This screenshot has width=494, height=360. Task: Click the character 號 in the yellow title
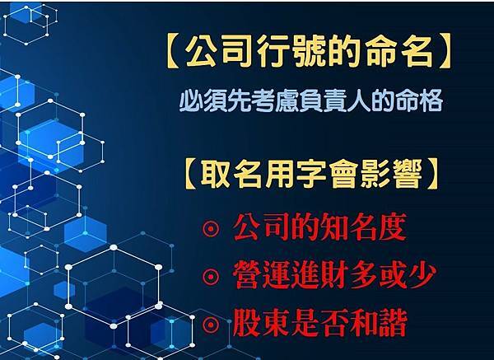(x=310, y=53)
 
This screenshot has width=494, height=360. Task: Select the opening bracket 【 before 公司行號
(x=172, y=53)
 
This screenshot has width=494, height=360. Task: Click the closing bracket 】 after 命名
(x=445, y=53)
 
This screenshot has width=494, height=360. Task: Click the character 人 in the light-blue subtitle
(x=358, y=101)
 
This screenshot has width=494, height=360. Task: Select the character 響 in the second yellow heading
(x=408, y=175)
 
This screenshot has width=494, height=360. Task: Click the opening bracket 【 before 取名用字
(x=190, y=175)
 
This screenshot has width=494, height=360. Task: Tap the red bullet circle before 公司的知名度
(x=211, y=228)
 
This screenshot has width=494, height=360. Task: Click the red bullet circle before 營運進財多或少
(x=211, y=277)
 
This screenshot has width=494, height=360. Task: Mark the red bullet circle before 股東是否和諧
(x=211, y=324)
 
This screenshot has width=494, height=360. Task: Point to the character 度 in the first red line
(x=392, y=227)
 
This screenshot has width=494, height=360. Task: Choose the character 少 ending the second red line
(x=422, y=275)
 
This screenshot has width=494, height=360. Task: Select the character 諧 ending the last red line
(x=393, y=323)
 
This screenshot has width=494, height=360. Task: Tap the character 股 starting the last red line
(x=246, y=323)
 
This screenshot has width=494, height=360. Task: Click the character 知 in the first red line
(x=333, y=227)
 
